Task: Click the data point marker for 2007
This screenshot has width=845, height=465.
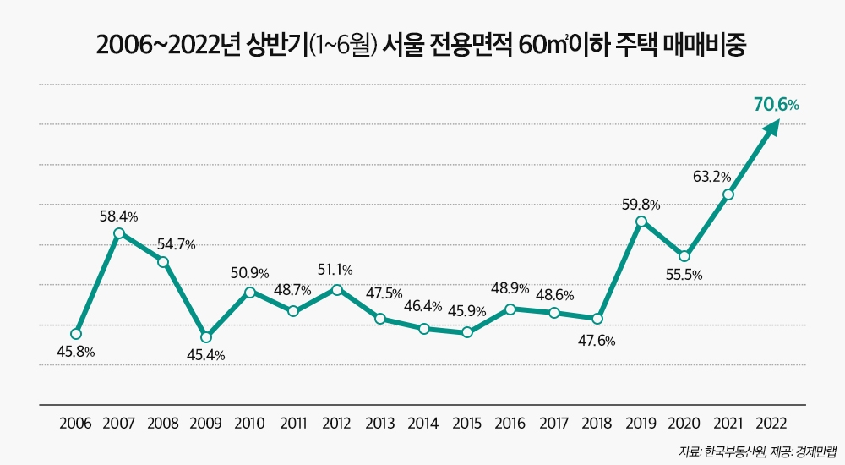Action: [119, 233]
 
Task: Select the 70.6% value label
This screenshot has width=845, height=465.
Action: [776, 105]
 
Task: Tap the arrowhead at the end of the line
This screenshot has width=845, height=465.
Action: [772, 127]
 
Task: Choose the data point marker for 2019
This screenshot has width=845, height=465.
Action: [641, 222]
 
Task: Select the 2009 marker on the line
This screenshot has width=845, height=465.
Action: [206, 337]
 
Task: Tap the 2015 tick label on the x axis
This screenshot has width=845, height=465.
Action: [467, 422]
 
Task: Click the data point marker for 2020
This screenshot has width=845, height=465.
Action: [684, 256]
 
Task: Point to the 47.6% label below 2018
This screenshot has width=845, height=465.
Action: [597, 342]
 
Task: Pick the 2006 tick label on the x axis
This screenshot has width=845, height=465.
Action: [76, 422]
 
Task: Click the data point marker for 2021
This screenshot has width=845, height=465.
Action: [728, 194]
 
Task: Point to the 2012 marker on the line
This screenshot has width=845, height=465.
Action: [337, 290]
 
